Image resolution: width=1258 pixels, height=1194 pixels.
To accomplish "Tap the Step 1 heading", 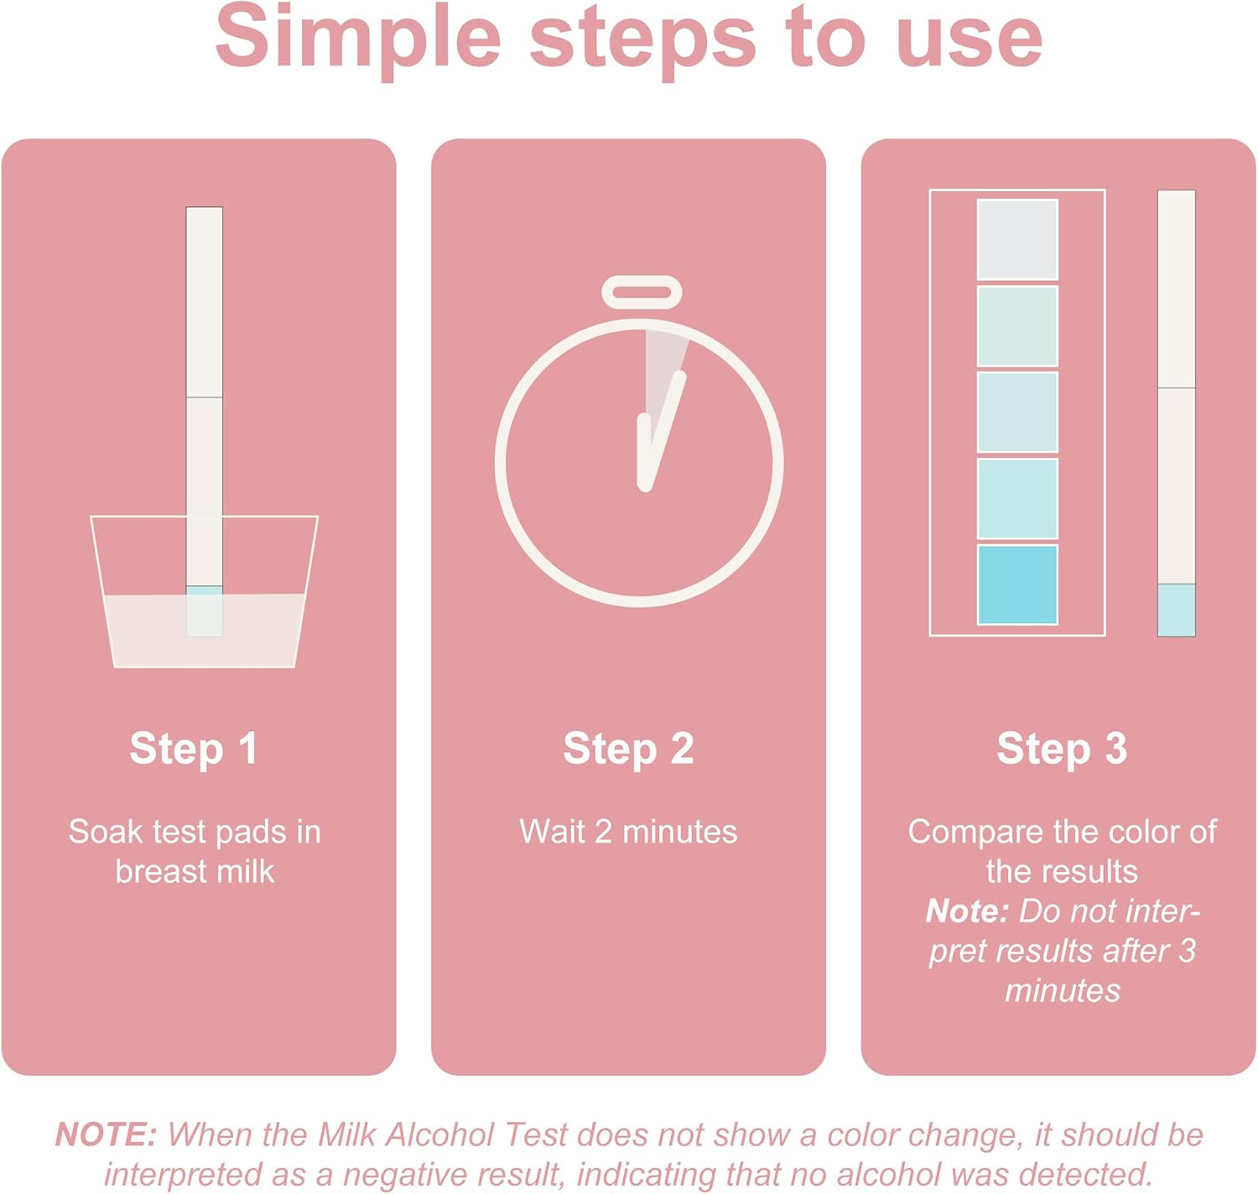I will [193, 748].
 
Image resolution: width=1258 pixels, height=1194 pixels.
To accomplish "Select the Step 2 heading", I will [628, 748].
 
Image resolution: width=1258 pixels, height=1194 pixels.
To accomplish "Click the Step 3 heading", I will [1062, 748].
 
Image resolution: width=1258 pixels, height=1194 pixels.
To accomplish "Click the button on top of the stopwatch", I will [642, 293].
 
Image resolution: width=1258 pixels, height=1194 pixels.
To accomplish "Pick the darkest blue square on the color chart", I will [1017, 584].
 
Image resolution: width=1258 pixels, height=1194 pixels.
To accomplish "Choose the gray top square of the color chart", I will [1017, 239].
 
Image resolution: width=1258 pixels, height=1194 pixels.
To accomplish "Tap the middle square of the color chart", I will [1017, 412].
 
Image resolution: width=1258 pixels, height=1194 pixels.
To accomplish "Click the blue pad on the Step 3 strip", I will [1176, 610].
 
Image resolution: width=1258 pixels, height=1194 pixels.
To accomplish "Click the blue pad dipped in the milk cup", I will [204, 610].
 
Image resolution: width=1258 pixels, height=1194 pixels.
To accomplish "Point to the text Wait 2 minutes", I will [628, 832].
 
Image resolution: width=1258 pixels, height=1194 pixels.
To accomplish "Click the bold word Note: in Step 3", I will [966, 911].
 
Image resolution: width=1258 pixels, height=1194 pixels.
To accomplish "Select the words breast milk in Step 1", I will [195, 872].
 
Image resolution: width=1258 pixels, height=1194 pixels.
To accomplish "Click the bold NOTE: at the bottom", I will [106, 1134].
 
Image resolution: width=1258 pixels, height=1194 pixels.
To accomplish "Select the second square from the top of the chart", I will [1017, 326].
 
